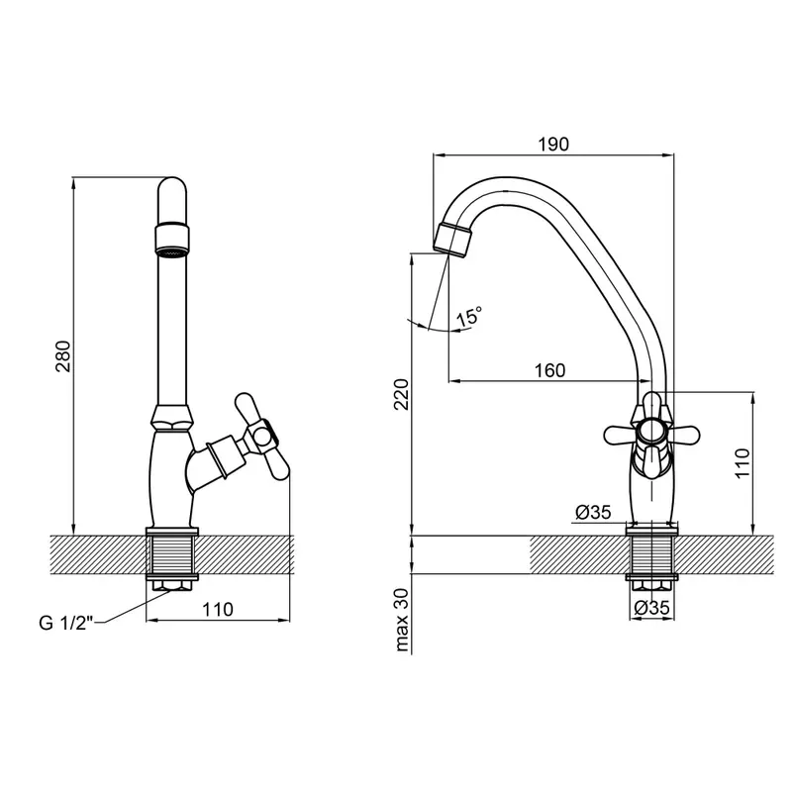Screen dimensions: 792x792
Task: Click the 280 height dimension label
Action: (x=63, y=356)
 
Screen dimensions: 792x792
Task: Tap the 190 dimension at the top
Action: (x=553, y=145)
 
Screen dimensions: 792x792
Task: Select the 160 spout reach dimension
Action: (x=550, y=370)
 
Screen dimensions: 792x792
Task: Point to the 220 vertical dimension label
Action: (x=402, y=394)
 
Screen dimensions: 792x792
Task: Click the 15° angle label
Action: (x=468, y=317)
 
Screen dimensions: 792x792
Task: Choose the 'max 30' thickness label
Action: (x=402, y=620)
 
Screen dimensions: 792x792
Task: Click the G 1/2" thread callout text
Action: (x=66, y=623)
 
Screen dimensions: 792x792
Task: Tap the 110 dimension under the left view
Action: (x=218, y=609)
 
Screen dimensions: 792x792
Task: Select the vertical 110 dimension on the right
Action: (x=742, y=463)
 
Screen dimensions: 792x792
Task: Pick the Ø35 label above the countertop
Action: (x=593, y=512)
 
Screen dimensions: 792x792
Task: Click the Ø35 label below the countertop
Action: (x=652, y=607)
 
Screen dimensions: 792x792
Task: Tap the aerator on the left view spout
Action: (x=172, y=240)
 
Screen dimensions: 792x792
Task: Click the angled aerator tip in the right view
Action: (x=452, y=240)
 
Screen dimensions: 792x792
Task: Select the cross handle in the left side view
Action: (x=261, y=437)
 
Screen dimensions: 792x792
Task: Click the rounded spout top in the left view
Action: (x=172, y=200)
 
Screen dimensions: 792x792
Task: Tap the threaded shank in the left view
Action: (x=171, y=555)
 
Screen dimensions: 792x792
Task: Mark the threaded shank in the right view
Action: (x=651, y=554)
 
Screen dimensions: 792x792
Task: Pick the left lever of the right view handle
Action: (x=621, y=434)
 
